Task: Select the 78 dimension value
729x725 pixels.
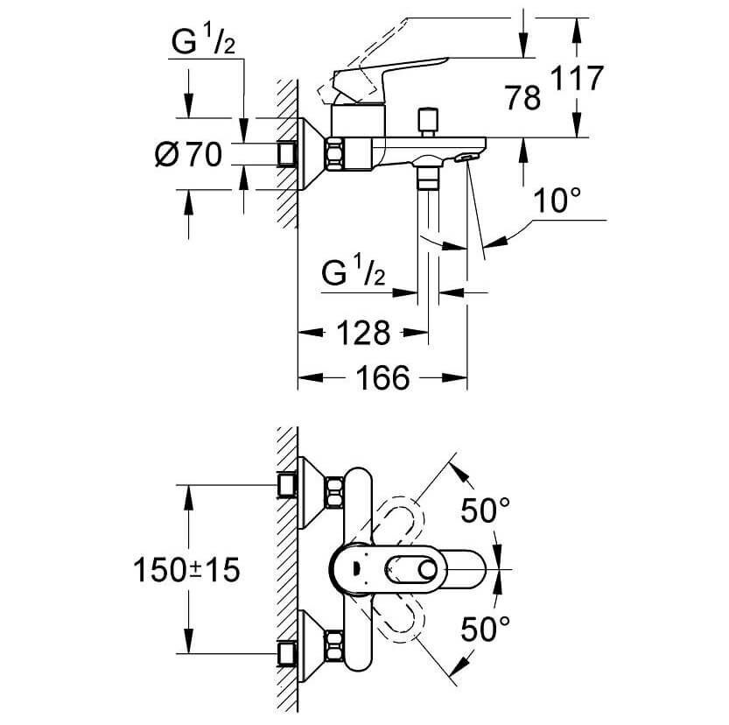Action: (x=523, y=96)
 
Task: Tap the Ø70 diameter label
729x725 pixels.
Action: (x=189, y=155)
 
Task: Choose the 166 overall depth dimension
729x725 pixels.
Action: (x=383, y=378)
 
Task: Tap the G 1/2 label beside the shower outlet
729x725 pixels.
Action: (x=354, y=275)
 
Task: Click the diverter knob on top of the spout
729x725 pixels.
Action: (x=428, y=122)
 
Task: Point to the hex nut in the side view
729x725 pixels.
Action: (x=337, y=155)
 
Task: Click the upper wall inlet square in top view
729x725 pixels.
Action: (x=287, y=484)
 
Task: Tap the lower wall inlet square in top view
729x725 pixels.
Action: (x=287, y=653)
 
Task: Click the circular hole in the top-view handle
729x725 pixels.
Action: (x=427, y=569)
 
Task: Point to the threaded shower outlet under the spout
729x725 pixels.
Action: (x=428, y=176)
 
